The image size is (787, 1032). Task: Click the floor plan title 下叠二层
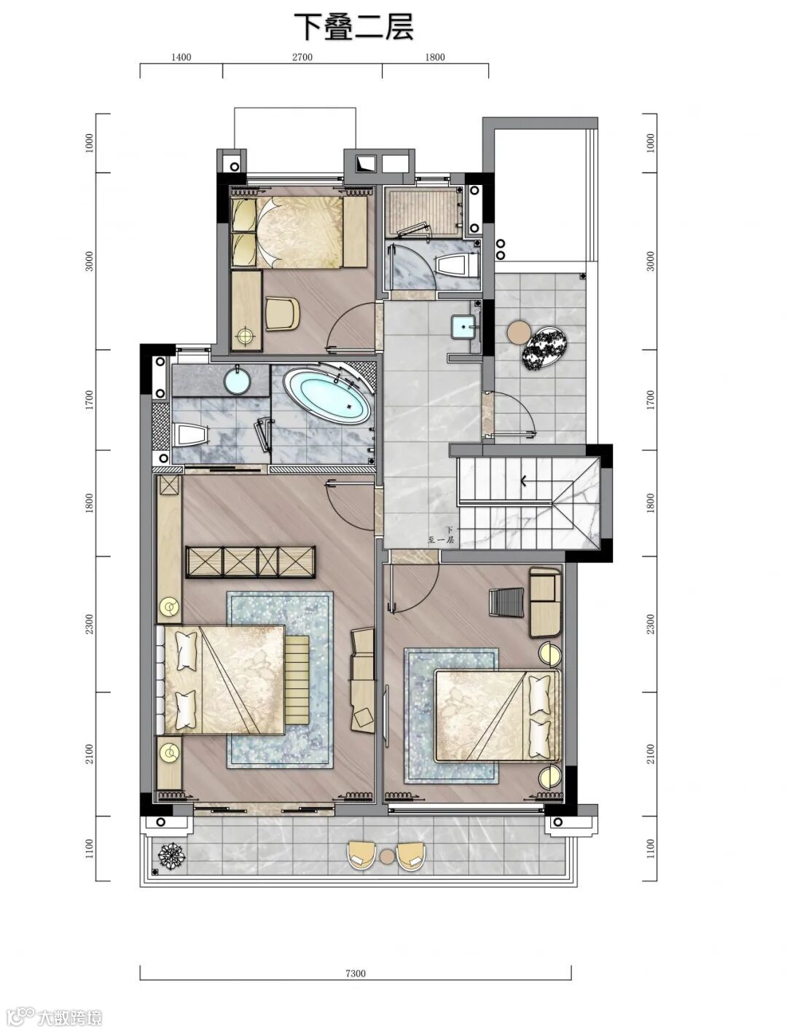[x=353, y=27]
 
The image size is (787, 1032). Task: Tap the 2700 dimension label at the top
[x=302, y=58]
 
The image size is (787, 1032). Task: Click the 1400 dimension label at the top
[x=181, y=58]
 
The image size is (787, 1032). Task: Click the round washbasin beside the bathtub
[x=237, y=379]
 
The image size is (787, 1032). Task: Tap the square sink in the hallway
[x=464, y=327]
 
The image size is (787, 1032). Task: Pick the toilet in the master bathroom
[x=190, y=435]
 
